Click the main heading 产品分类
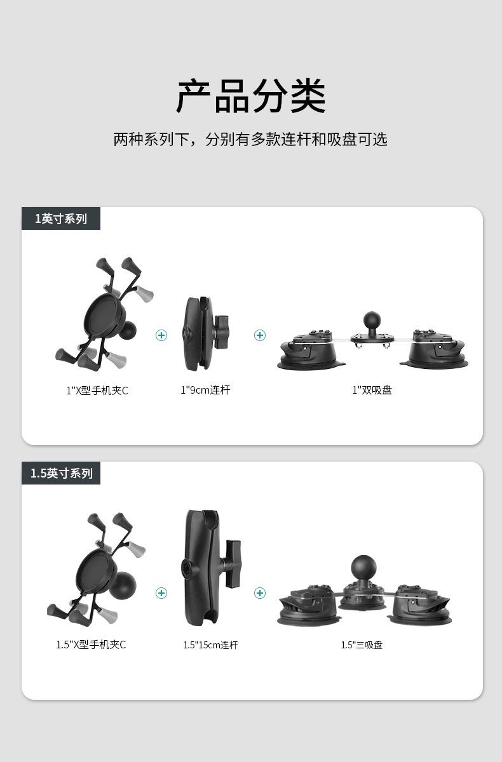(251, 96)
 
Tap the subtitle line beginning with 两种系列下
(250, 140)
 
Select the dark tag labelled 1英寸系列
(61, 218)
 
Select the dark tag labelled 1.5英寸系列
(61, 473)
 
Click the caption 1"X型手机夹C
(97, 391)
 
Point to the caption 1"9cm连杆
(205, 390)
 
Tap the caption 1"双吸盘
(372, 390)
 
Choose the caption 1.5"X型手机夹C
(91, 645)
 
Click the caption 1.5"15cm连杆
(211, 645)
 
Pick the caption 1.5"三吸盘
(362, 645)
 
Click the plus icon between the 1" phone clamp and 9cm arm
(161, 335)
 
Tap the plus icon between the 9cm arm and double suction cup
(260, 335)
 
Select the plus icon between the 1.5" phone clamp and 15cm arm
(161, 593)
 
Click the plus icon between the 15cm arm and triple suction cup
(260, 593)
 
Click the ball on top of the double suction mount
(372, 320)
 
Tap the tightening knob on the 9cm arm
(222, 327)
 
